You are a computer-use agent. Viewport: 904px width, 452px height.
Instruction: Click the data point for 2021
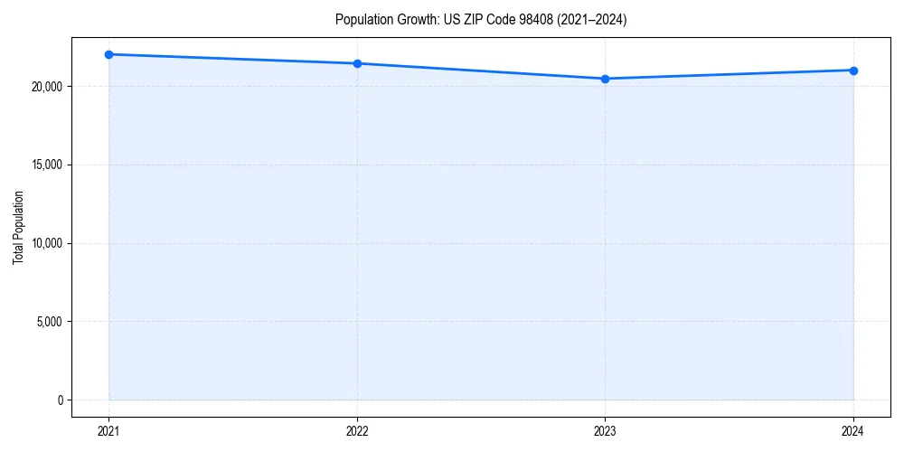pyautogui.click(x=108, y=54)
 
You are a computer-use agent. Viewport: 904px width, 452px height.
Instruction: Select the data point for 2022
pyautogui.click(x=357, y=63)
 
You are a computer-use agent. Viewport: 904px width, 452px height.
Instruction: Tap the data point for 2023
pyautogui.click(x=605, y=79)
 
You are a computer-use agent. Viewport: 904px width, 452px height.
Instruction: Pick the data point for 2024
pyautogui.click(x=853, y=71)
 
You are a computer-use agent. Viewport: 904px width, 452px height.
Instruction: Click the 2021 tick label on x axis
pyautogui.click(x=108, y=430)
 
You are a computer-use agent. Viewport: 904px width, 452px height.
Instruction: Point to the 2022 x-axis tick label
pyautogui.click(x=357, y=430)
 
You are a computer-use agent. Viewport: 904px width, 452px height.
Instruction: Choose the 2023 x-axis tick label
pyautogui.click(x=605, y=430)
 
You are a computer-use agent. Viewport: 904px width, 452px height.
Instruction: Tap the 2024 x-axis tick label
pyautogui.click(x=853, y=430)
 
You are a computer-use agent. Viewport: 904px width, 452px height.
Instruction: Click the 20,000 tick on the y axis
pyautogui.click(x=45, y=87)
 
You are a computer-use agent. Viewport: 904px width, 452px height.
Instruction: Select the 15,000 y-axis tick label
pyautogui.click(x=45, y=165)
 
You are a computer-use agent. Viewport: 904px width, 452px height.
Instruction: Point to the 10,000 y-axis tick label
pyautogui.click(x=45, y=243)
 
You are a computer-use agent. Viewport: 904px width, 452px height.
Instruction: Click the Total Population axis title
pyautogui.click(x=18, y=227)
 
